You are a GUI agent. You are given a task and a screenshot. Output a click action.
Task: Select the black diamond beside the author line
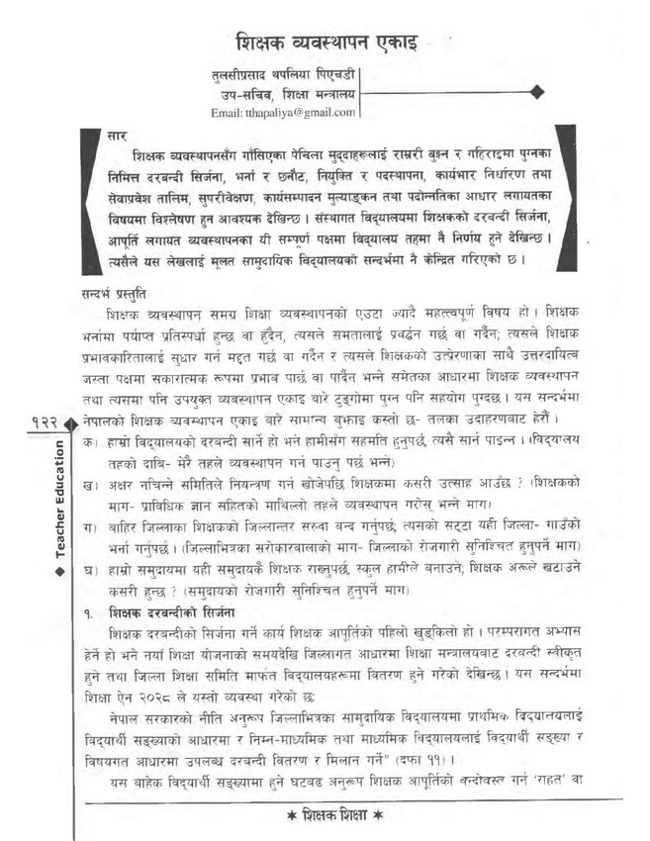pyautogui.click(x=537, y=92)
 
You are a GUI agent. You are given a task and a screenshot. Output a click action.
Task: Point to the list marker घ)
pyautogui.click(x=91, y=571)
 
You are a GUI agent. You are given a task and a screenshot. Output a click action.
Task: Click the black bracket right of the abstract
pyautogui.click(x=567, y=202)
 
